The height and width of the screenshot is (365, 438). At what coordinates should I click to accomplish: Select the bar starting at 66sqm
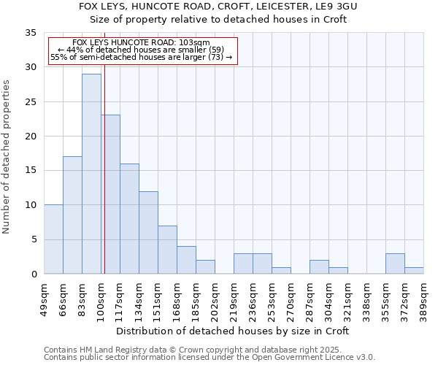coord(72,215)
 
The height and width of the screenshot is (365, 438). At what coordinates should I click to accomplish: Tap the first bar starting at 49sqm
coord(53,239)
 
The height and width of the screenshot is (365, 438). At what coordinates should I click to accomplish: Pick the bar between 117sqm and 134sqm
coord(129,219)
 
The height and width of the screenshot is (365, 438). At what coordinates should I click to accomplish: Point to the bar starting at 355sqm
coord(395,264)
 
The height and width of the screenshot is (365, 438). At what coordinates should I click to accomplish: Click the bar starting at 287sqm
coord(319,267)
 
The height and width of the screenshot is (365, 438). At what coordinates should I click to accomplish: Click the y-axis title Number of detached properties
coord(8,157)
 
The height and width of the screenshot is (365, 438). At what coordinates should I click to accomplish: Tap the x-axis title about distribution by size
coord(233,331)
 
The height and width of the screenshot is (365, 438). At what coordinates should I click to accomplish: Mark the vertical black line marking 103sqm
coord(104,182)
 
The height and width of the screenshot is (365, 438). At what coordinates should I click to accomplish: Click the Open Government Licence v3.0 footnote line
coord(209,357)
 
